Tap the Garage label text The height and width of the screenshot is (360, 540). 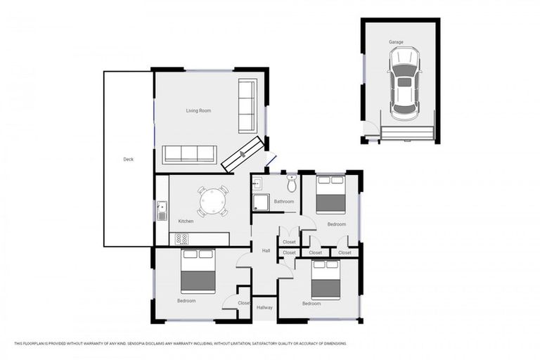[397, 42]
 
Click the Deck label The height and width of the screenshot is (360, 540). [128, 160]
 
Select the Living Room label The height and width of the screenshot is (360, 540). [198, 111]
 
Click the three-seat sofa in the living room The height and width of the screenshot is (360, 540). [189, 154]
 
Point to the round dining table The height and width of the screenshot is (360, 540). [212, 202]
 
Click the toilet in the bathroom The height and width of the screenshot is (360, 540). [292, 184]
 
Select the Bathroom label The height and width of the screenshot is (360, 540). [283, 202]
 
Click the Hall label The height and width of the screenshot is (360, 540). [266, 250]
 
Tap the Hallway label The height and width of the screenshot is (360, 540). [264, 307]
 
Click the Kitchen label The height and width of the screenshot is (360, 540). [186, 221]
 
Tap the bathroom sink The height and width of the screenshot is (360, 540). [257, 184]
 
